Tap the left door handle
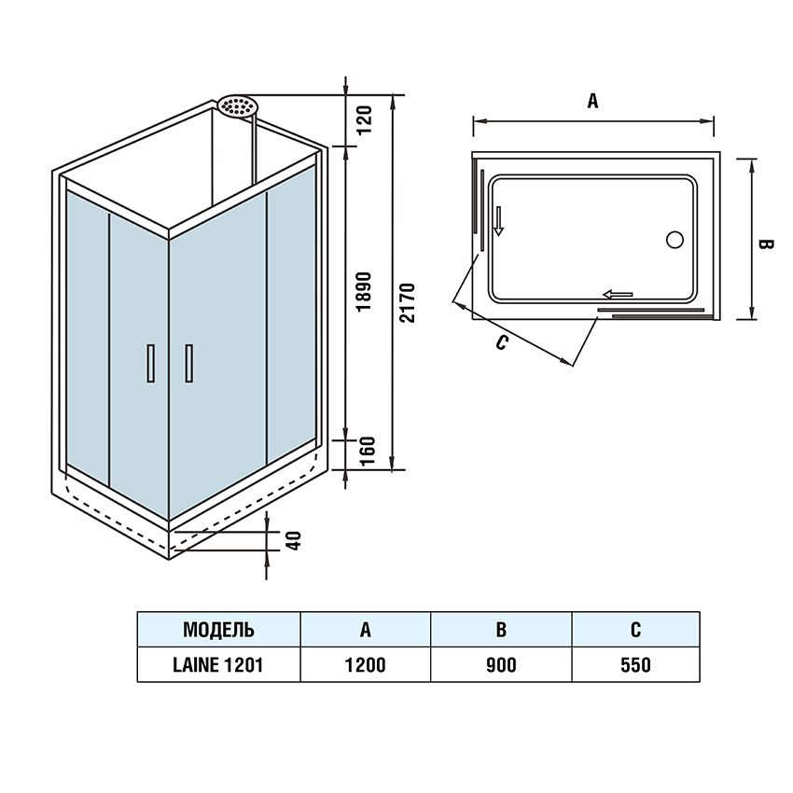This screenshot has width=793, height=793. click(148, 363)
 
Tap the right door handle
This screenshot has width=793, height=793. click(189, 363)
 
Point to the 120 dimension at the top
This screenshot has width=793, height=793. click(365, 118)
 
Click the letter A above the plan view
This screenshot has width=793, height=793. click(592, 101)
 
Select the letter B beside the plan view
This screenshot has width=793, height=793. click(765, 244)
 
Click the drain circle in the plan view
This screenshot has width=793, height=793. click(675, 239)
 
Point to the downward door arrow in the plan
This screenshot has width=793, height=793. click(499, 220)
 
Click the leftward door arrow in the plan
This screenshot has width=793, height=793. click(618, 295)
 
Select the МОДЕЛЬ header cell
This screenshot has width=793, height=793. click(218, 630)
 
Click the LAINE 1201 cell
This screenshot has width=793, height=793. click(218, 665)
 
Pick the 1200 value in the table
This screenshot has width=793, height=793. click(366, 665)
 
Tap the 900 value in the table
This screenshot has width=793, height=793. click(501, 665)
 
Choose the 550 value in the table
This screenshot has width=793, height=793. click(635, 665)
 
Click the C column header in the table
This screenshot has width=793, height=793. click(635, 630)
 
